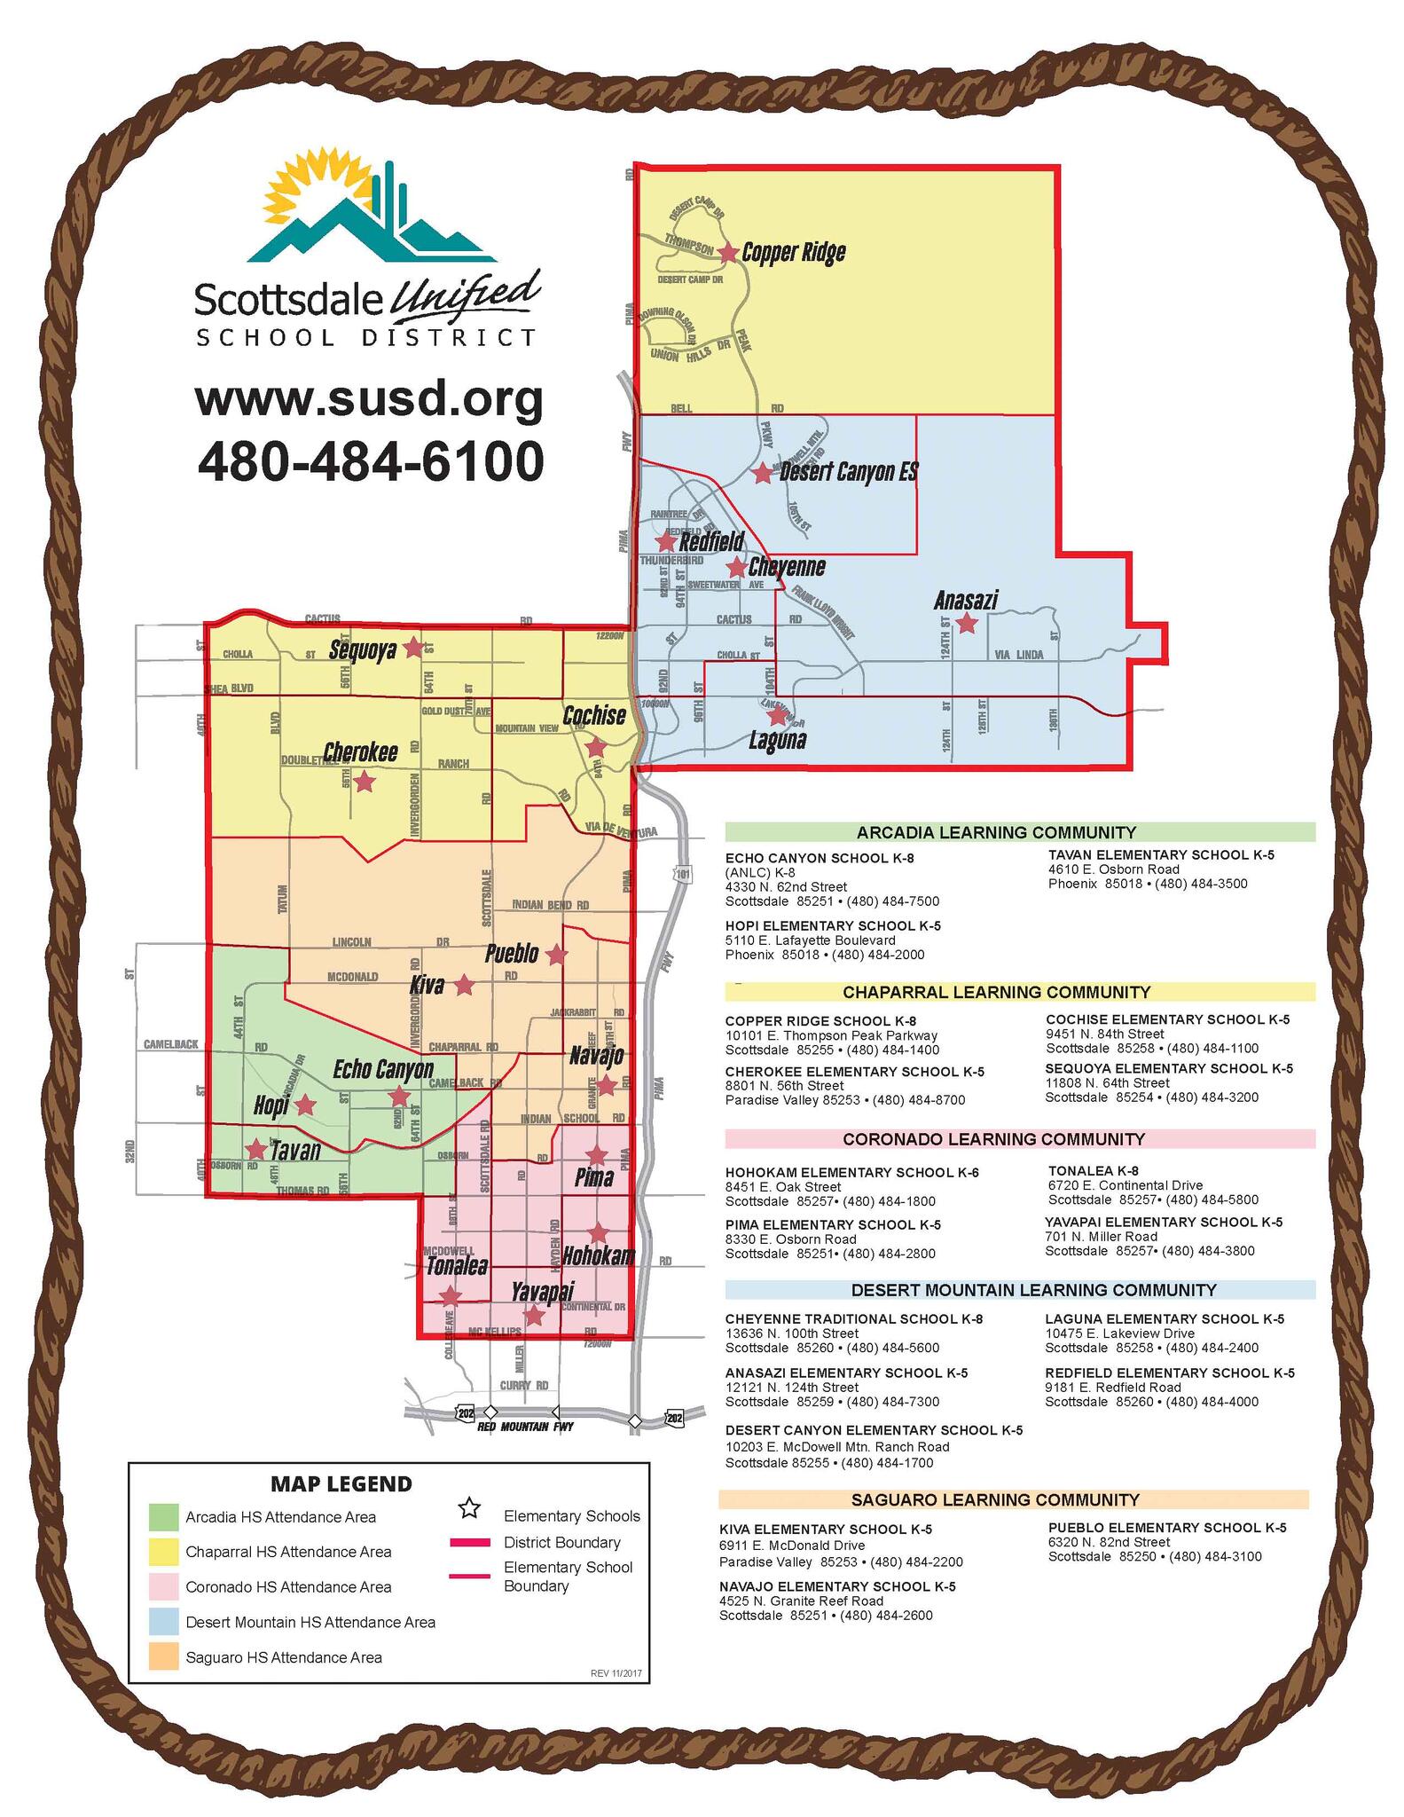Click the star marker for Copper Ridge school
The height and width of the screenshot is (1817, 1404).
pos(727,253)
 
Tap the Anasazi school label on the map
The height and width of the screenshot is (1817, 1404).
pos(965,601)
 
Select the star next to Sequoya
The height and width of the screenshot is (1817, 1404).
pos(412,648)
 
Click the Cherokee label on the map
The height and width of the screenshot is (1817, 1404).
pos(359,752)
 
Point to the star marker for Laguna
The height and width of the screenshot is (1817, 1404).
pos(777,715)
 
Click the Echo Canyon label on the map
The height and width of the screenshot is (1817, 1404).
pos(383,1070)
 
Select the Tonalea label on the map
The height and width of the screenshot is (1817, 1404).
pos(457,1266)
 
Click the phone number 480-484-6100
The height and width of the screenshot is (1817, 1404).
pos(370,462)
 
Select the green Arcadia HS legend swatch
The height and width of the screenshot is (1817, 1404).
pos(163,1517)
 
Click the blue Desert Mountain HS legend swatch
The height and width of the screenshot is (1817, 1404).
pos(163,1622)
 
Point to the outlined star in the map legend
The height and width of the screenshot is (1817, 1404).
pos(469,1507)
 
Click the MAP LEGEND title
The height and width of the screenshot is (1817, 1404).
pos(341,1483)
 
